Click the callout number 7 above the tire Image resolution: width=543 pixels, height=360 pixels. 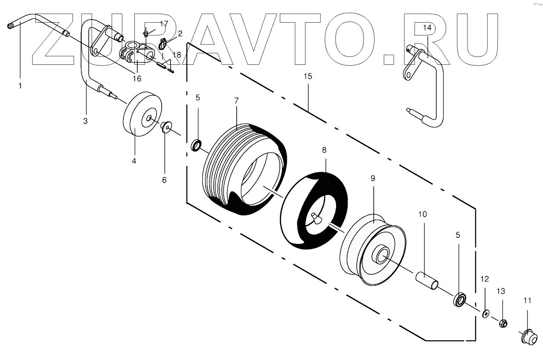[x=236, y=101]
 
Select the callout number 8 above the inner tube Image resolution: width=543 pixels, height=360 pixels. [x=324, y=150]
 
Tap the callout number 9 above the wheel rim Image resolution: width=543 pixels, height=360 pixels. [x=373, y=178]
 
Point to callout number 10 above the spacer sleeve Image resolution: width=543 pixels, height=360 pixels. [x=422, y=214]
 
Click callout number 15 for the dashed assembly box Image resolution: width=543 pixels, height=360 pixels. [x=308, y=77]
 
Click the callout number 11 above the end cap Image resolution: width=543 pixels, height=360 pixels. [x=528, y=301]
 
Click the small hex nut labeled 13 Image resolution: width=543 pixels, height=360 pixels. [x=503, y=324]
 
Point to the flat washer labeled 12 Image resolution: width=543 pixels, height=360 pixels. [x=485, y=314]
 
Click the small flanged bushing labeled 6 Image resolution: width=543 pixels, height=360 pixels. [x=166, y=127]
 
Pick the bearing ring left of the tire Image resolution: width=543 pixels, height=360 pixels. [x=197, y=145]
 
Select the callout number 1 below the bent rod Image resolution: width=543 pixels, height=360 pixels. [x=20, y=86]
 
